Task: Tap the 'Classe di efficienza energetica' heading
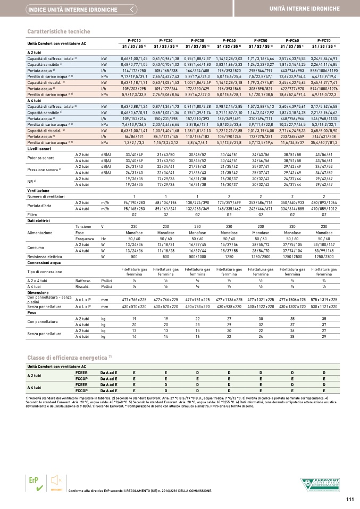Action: [69, 357]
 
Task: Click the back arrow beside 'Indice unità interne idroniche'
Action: [132, 9]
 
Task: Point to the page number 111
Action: [349, 498]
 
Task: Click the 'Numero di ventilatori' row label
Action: [47, 197]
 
